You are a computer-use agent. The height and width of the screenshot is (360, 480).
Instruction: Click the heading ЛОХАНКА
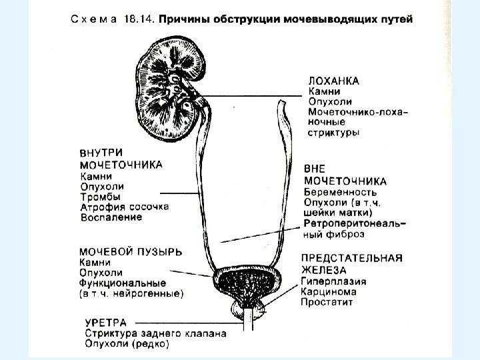[x=334, y=81]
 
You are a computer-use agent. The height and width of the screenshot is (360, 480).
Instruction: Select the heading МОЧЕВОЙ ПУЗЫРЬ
[x=131, y=251]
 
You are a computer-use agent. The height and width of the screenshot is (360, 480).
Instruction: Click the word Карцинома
[x=329, y=291]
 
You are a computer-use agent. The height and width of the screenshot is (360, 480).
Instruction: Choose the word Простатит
[x=326, y=302]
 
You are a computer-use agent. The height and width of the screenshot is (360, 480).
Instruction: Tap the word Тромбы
[x=99, y=197]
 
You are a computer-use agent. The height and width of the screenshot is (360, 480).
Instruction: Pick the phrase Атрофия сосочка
[x=124, y=207]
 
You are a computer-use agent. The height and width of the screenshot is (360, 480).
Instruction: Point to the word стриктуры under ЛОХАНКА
[x=333, y=133]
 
